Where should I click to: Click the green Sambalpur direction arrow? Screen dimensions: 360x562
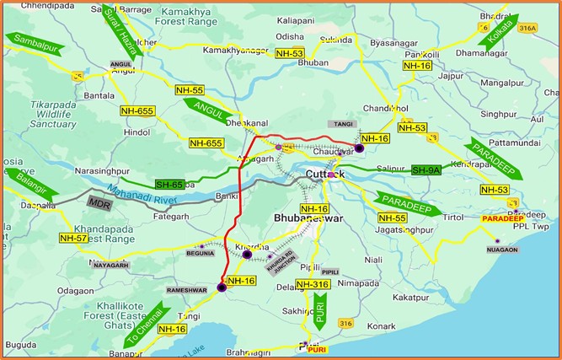tap(33, 40)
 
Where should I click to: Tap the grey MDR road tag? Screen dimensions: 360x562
tap(99, 201)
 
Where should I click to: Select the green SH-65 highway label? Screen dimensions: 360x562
tap(169, 184)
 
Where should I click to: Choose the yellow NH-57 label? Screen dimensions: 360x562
tap(73, 239)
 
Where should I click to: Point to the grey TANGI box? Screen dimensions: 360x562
tap(343, 124)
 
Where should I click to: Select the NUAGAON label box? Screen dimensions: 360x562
tap(501, 250)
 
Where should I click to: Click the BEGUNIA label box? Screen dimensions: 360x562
tap(200, 251)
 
